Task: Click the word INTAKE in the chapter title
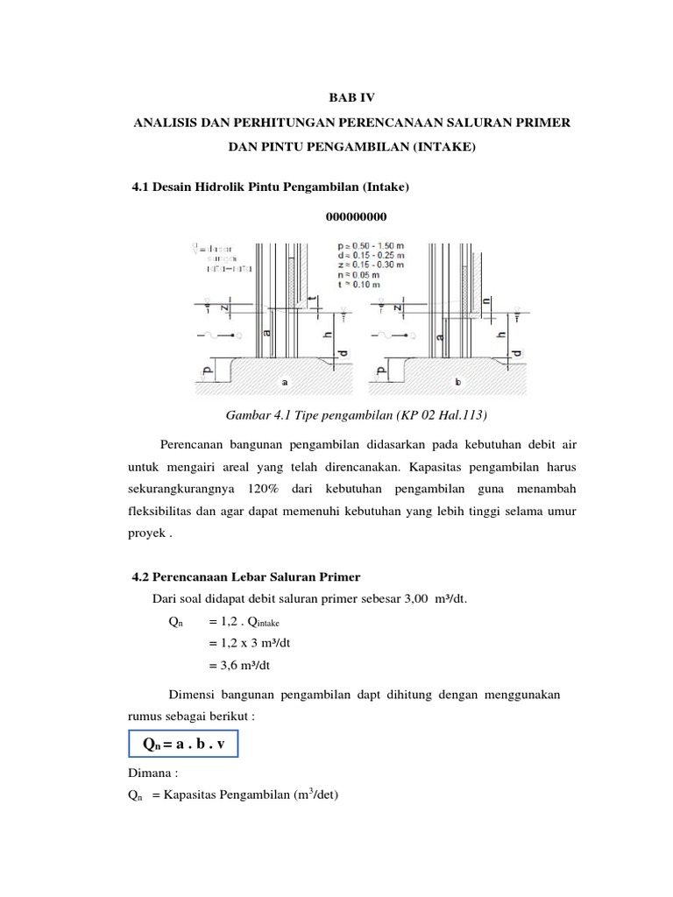[443, 150]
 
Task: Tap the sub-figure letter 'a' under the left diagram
[284, 383]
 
